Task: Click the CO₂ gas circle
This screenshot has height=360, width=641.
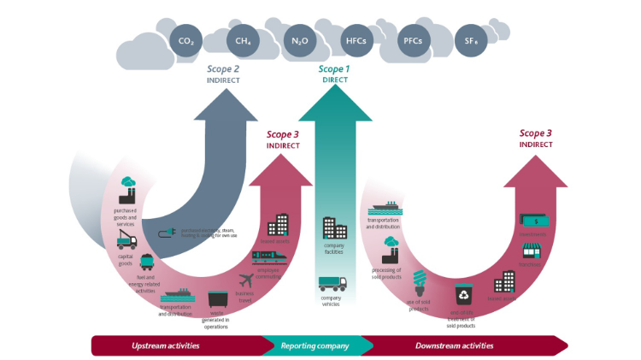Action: (x=185, y=40)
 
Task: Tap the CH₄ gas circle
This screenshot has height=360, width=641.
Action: (x=242, y=40)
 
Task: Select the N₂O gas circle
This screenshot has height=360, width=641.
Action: (x=299, y=40)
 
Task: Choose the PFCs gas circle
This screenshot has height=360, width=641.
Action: (x=412, y=40)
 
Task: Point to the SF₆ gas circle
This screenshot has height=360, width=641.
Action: (x=469, y=40)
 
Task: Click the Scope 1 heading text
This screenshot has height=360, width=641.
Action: (x=334, y=68)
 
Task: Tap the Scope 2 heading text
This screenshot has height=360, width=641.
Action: (x=223, y=68)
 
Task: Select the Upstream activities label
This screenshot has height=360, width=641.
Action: (x=166, y=345)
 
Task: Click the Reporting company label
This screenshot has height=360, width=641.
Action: (x=315, y=345)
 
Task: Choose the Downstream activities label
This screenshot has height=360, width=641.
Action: (x=454, y=345)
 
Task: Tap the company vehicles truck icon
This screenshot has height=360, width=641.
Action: (x=332, y=284)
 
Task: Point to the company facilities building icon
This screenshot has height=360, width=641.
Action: (x=334, y=227)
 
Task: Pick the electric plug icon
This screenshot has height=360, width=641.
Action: (x=168, y=231)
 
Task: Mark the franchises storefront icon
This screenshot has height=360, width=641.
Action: (x=534, y=251)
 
